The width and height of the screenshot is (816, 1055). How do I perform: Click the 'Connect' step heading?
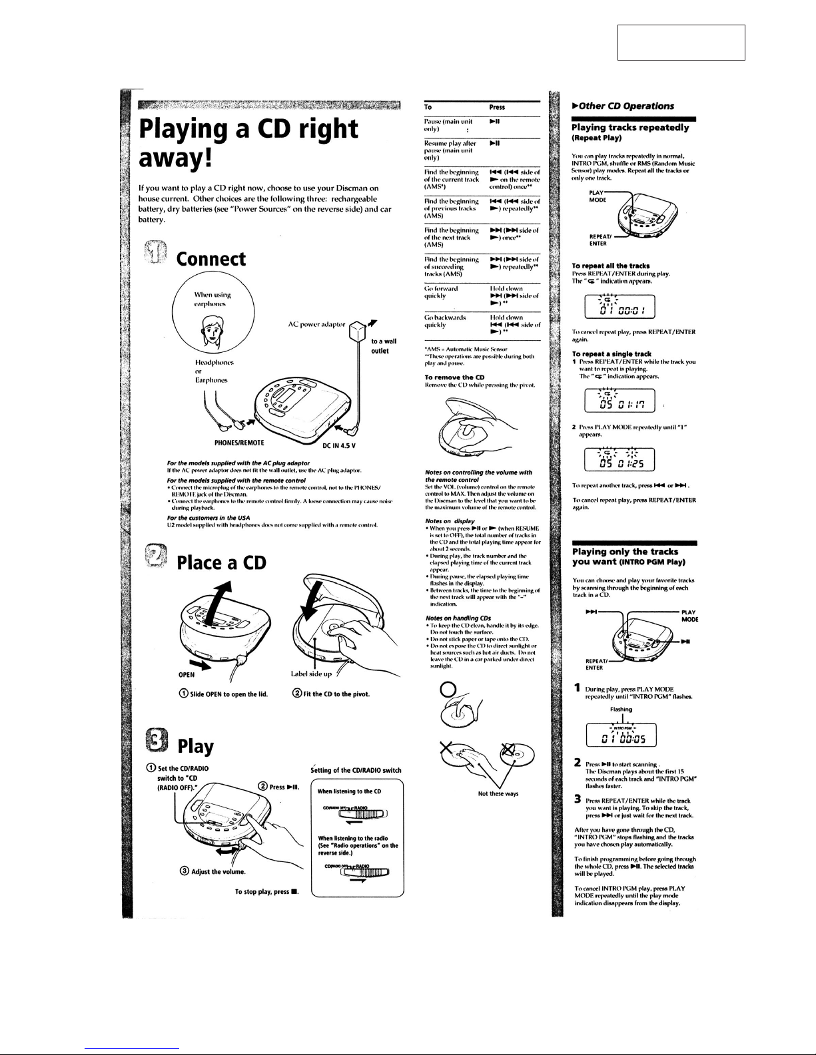point(210,259)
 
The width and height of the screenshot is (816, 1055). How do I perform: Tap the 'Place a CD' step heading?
point(220,562)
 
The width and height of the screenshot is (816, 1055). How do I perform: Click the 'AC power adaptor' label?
point(316,325)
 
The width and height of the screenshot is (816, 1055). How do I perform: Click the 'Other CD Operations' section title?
point(618,105)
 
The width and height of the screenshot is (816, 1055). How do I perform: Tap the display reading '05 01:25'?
point(619,461)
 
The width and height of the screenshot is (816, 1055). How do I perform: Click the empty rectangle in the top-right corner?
point(681,43)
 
